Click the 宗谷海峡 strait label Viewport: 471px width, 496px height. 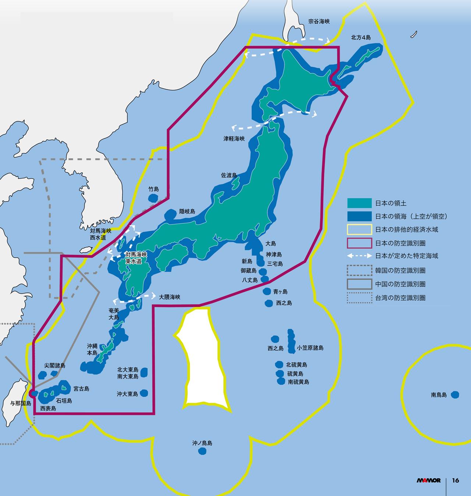(x=319, y=21)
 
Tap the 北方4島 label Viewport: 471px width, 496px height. (x=361, y=38)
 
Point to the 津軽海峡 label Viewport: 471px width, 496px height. (x=234, y=139)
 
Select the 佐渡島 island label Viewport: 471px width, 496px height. (x=229, y=175)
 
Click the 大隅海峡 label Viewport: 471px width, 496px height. (x=170, y=297)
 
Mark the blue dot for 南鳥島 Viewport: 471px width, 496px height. (x=455, y=395)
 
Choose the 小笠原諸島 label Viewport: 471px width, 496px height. (x=310, y=347)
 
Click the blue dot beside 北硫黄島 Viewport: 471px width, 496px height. (x=279, y=364)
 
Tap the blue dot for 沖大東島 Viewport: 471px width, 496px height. (x=144, y=393)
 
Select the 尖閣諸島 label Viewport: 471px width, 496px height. (x=55, y=366)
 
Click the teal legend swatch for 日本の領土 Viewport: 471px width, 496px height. (x=360, y=203)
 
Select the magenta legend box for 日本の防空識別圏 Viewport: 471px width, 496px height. (x=360, y=243)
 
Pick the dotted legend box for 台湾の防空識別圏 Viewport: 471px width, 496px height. (x=360, y=298)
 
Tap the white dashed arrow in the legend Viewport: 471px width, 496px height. (x=360, y=256)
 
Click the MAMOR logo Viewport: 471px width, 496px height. (x=429, y=481)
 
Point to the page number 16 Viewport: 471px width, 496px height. (x=456, y=481)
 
